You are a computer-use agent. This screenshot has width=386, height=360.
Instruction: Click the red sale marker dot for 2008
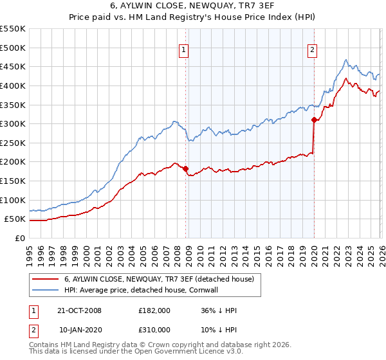pos(186,168)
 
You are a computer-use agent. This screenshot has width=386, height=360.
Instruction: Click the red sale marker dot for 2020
pos(314,120)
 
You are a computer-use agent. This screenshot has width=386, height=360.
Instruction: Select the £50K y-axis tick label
pos(15,219)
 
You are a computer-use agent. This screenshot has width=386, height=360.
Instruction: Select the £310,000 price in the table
pos(154,330)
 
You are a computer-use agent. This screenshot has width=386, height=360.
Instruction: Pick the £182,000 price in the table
pos(154,310)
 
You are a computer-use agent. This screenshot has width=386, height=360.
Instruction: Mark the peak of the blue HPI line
pos(346,60)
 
